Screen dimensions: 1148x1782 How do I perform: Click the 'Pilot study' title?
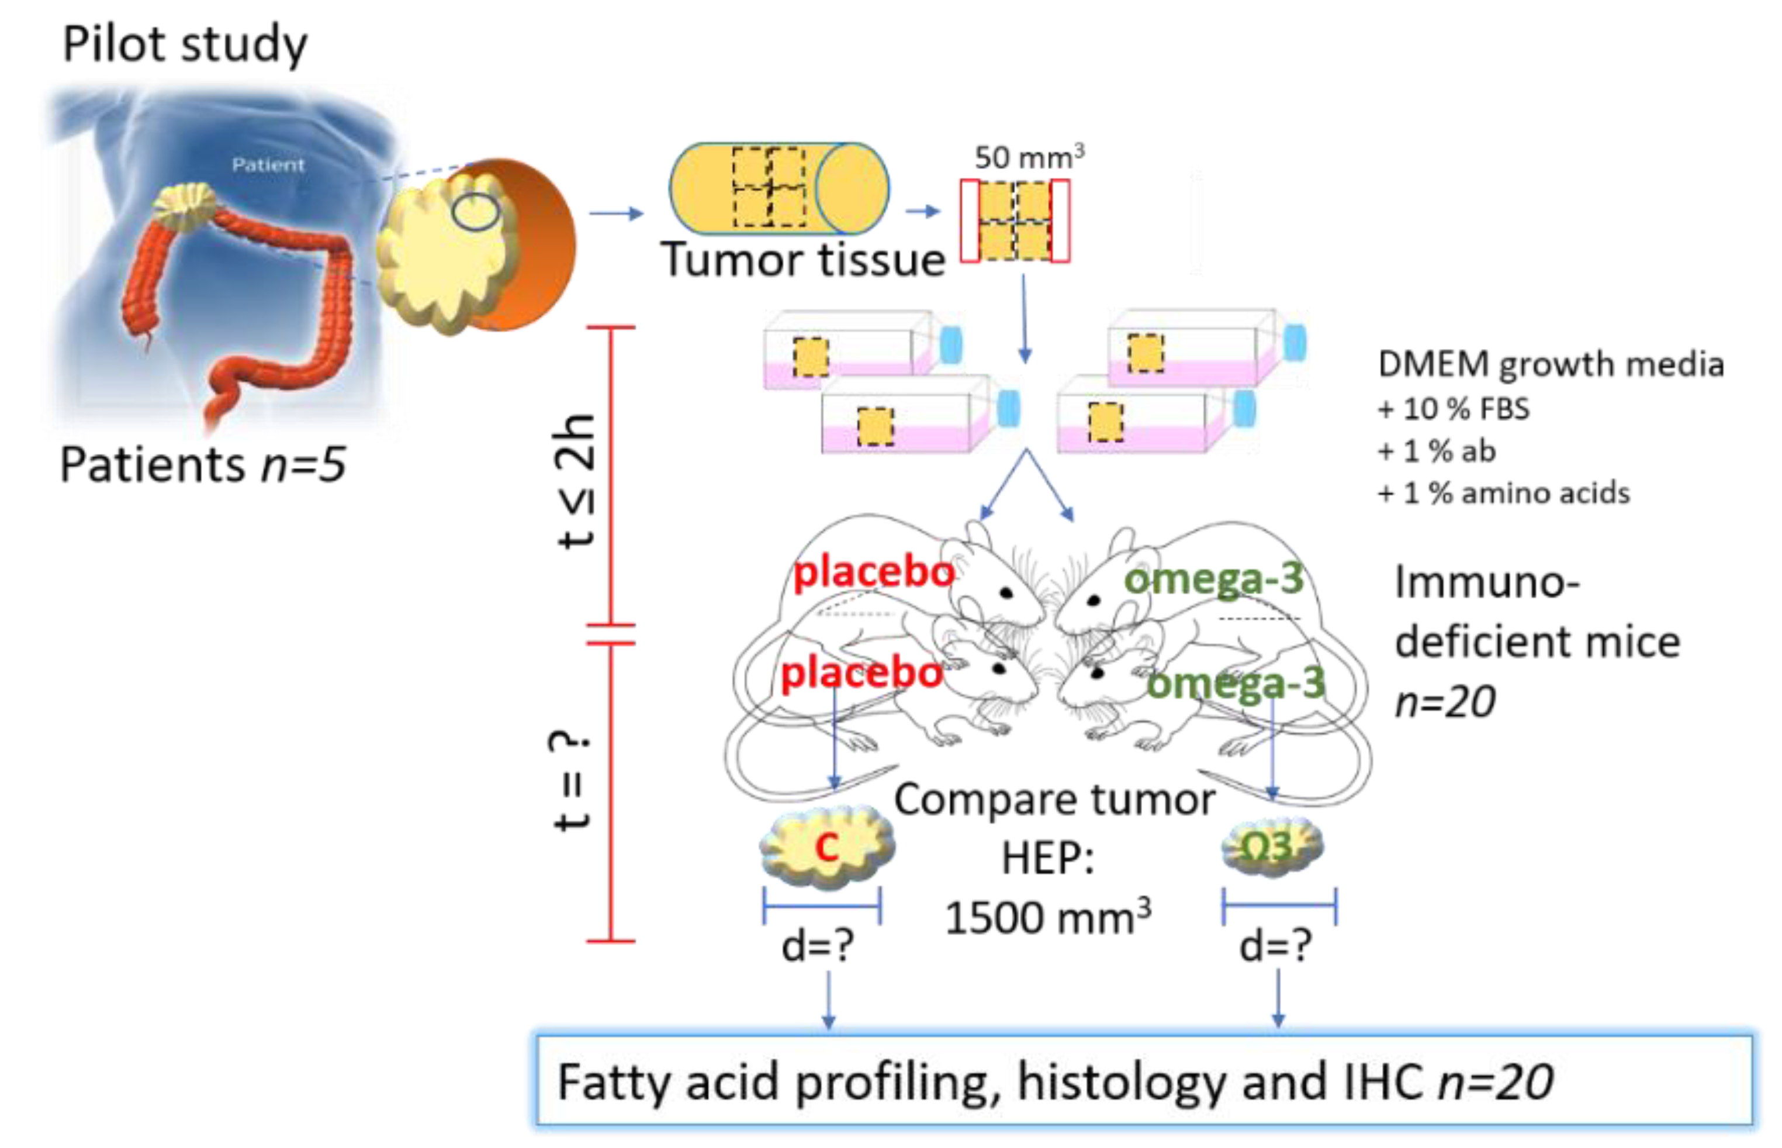pyautogui.click(x=184, y=44)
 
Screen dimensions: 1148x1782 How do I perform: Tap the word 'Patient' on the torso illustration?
pyautogui.click(x=268, y=165)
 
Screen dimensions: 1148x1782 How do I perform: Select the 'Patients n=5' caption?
pyautogui.click(x=203, y=465)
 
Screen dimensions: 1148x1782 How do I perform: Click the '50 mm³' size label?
pyautogui.click(x=1029, y=157)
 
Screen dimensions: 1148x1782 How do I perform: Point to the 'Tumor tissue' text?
pyautogui.click(x=803, y=260)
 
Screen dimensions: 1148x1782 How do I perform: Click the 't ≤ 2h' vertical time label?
pyautogui.click(x=575, y=481)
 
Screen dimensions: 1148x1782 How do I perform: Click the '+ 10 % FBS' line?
pyautogui.click(x=1453, y=409)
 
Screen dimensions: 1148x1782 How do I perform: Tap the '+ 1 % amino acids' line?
pyautogui.click(x=1503, y=494)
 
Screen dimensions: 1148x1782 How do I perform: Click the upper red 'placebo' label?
pyautogui.click(x=874, y=573)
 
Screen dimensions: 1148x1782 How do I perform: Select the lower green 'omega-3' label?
pyautogui.click(x=1235, y=684)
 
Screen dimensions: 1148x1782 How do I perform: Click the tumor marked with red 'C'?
pyautogui.click(x=827, y=847)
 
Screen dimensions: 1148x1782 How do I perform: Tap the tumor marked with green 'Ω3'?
pyautogui.click(x=1272, y=847)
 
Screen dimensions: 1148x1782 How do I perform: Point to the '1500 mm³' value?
pyautogui.click(x=1047, y=917)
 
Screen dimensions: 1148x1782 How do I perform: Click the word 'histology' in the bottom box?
pyautogui.click(x=1120, y=1083)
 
